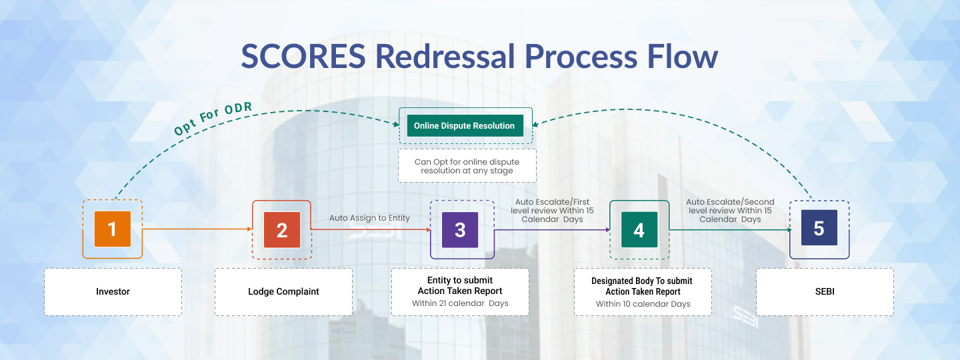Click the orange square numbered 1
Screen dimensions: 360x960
112,229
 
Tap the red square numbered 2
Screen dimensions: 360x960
282,230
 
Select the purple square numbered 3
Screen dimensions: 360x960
460,230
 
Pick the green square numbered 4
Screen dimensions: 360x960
639,230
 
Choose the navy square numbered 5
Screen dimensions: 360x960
819,229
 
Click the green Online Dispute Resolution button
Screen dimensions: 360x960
465,125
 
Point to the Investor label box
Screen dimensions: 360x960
113,291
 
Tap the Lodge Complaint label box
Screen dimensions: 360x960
283,291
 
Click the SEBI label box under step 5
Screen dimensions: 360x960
825,291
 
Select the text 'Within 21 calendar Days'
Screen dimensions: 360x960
460,303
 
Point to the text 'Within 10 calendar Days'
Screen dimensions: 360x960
643,304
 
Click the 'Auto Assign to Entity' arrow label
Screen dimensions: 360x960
369,218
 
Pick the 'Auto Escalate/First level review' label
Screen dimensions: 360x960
552,211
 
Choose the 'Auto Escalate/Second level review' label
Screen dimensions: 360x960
730,211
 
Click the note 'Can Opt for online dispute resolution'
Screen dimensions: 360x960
467,166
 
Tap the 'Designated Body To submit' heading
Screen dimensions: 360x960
643,281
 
